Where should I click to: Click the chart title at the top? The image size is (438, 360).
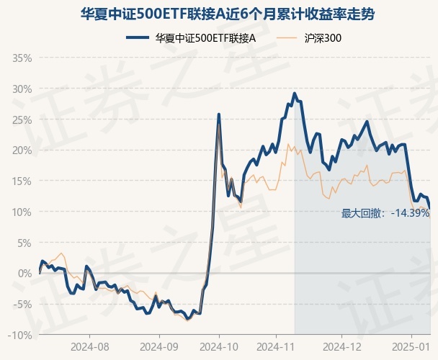(x=219, y=14)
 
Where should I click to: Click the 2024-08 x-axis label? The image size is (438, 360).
(x=90, y=346)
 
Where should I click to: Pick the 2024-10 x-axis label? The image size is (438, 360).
(x=220, y=346)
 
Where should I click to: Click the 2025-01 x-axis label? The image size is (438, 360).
(x=411, y=346)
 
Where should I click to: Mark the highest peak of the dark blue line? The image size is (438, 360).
(x=294, y=93)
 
